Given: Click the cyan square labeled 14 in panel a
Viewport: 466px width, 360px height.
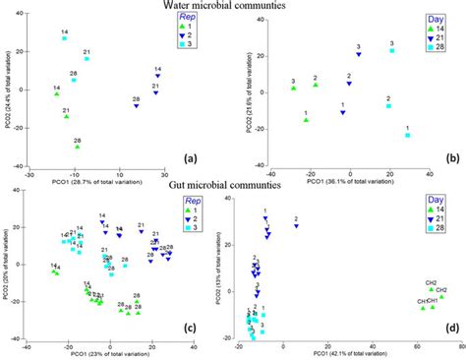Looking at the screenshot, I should click(65, 38).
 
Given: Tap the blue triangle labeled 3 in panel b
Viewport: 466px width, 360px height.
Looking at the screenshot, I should click(359, 55).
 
